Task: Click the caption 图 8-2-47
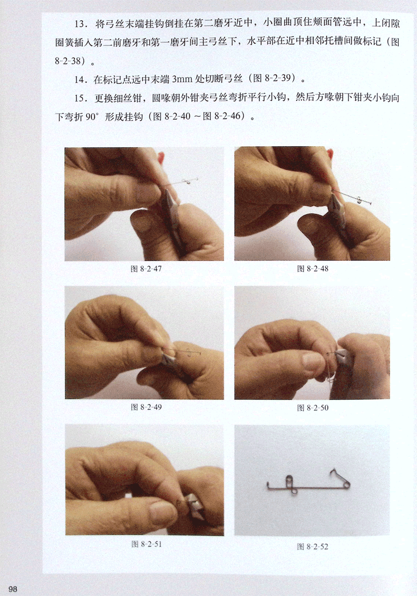146,269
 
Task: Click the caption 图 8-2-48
313,269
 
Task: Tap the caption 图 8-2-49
146,407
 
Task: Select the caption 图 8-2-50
313,408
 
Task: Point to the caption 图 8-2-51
146,544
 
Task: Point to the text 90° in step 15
93,117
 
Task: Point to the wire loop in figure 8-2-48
359,200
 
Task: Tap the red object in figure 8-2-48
331,154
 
